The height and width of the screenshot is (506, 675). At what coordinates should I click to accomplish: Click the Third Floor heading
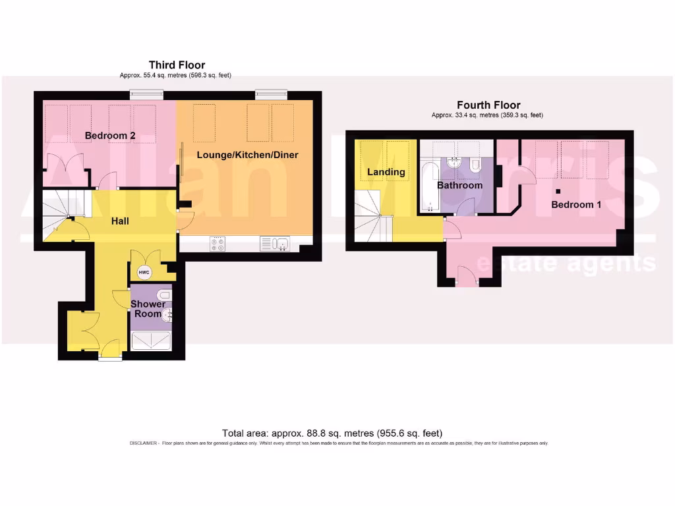click(x=177, y=65)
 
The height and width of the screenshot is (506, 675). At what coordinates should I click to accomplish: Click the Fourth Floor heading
click(x=488, y=105)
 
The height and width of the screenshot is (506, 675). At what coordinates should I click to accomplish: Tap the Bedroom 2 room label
click(x=110, y=136)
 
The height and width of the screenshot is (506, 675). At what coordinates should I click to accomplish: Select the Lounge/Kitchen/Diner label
click(x=248, y=155)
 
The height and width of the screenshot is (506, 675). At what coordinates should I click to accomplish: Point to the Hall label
click(x=119, y=221)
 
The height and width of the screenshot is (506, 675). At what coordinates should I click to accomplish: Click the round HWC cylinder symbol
click(x=144, y=272)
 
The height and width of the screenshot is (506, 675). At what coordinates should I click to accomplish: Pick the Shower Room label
click(x=148, y=309)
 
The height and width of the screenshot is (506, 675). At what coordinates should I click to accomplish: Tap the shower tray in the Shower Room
click(x=152, y=341)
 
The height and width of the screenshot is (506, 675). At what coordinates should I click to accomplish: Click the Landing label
click(x=386, y=172)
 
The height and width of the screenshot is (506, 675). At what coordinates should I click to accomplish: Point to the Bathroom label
click(x=459, y=185)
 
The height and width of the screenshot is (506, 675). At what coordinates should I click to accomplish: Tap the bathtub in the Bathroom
click(x=429, y=186)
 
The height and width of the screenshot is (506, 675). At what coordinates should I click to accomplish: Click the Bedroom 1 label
click(x=576, y=204)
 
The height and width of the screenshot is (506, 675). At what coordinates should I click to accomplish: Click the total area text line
click(x=332, y=433)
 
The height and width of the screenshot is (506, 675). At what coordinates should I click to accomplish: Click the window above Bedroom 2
click(x=146, y=95)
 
